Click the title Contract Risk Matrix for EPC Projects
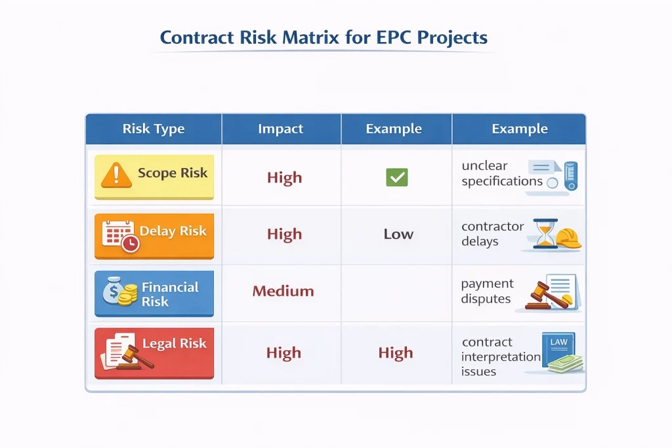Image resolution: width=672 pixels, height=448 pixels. [x=324, y=37]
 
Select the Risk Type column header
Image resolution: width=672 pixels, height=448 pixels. [x=154, y=129]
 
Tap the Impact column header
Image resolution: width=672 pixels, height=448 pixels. [x=280, y=129]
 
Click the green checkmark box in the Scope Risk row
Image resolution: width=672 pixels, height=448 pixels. [x=397, y=177]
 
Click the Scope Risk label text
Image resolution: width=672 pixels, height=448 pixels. [x=173, y=173]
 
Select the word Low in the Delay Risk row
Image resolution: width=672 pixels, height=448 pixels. [x=398, y=234]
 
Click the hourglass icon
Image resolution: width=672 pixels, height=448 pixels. [x=545, y=234]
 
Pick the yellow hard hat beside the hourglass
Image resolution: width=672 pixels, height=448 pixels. [x=569, y=238]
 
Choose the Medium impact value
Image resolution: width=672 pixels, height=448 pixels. [x=283, y=291]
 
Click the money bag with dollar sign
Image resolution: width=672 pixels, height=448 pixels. [x=113, y=291]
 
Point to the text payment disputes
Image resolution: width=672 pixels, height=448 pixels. [x=487, y=291]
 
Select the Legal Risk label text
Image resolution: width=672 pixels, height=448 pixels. [x=175, y=344]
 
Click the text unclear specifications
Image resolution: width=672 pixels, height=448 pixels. [x=502, y=173]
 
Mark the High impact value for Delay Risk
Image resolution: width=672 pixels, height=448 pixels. [x=285, y=234]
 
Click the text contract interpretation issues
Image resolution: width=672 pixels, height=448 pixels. [x=501, y=356]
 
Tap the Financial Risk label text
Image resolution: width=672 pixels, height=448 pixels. [x=170, y=295]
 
